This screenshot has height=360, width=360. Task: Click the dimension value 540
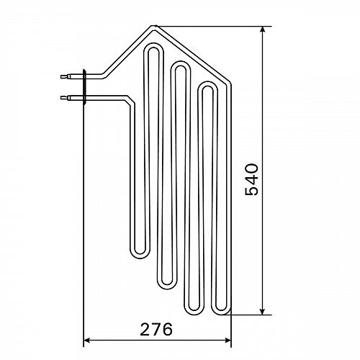(251, 179)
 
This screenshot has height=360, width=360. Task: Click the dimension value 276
(156, 329)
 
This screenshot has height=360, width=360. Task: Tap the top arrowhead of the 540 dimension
(263, 30)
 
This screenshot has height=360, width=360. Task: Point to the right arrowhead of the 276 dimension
(228, 340)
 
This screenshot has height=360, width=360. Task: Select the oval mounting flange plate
(84, 87)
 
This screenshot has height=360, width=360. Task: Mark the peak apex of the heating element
(154, 27)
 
